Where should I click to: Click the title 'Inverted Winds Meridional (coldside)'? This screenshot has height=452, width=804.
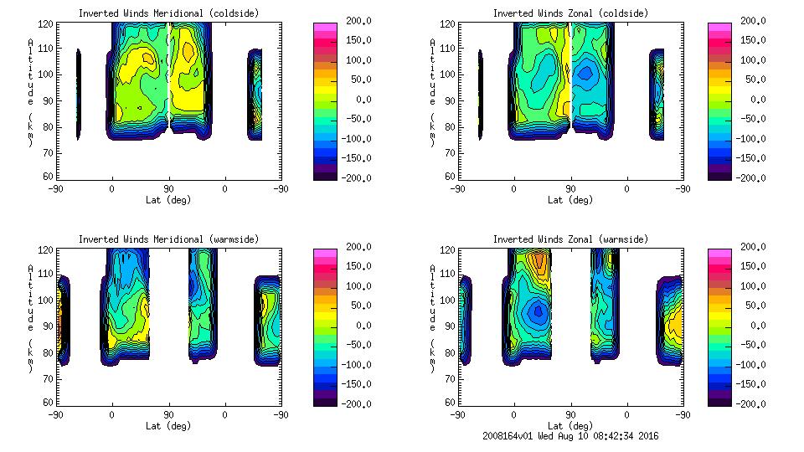point(168,13)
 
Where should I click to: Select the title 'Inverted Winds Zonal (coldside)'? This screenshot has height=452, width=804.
point(570,13)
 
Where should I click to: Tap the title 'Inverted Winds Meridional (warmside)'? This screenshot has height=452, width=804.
point(168,239)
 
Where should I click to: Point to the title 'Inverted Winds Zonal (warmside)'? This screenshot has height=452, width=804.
point(570,239)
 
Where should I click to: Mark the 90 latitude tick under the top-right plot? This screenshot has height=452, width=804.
point(570,189)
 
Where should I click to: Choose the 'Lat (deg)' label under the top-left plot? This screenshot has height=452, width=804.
point(168,200)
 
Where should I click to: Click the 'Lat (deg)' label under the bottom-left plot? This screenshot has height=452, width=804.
point(168,426)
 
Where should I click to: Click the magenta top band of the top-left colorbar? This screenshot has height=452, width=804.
point(325,27)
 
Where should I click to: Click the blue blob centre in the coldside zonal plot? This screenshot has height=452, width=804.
point(585,72)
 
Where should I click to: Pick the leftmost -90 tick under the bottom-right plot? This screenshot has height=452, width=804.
point(457,415)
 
